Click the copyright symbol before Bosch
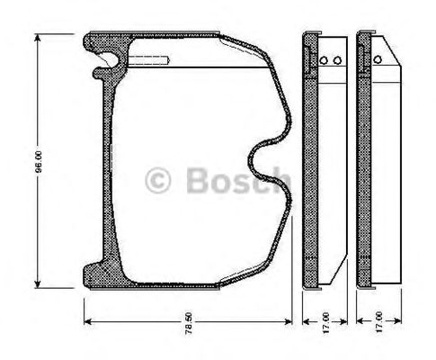[158, 179]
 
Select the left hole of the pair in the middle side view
[323, 61]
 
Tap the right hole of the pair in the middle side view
[337, 61]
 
